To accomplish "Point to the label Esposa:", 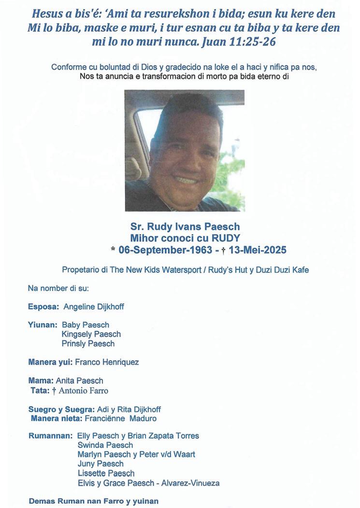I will pos(43,307).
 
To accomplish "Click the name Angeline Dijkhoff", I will pos(94,307).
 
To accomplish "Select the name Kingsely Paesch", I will pos(91,334).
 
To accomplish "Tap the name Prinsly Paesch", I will pos(88,343).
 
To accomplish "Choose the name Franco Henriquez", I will pos(107,362).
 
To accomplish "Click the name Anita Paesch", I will pos(79,381).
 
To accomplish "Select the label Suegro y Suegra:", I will pos(55,409).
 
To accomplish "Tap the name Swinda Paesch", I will pos(105,445).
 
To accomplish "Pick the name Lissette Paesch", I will pos(106,473).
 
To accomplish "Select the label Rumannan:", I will pos(50,436).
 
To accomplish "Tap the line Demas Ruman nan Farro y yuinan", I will pos(93,501).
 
